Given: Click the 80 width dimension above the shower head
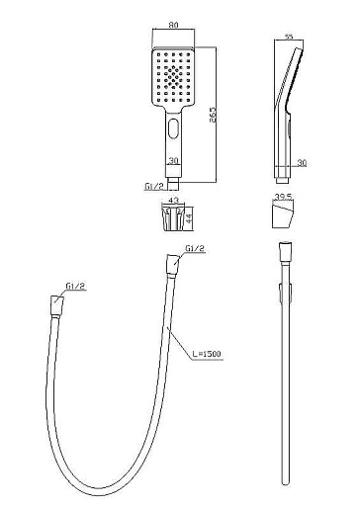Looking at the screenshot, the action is tap(173, 25).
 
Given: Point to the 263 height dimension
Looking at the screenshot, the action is tap(213, 115).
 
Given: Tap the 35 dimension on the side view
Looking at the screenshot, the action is tap(289, 37).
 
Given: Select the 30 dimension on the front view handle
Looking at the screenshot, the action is tap(173, 161).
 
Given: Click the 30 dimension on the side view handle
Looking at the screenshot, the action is tap(302, 163).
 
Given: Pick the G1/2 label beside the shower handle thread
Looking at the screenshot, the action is tap(154, 187).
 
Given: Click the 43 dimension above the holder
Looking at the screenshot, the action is tap(173, 200).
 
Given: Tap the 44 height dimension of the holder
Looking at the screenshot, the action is tap(189, 218).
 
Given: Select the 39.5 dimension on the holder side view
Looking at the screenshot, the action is tap(283, 197).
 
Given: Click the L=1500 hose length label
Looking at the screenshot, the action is tap(207, 354).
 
